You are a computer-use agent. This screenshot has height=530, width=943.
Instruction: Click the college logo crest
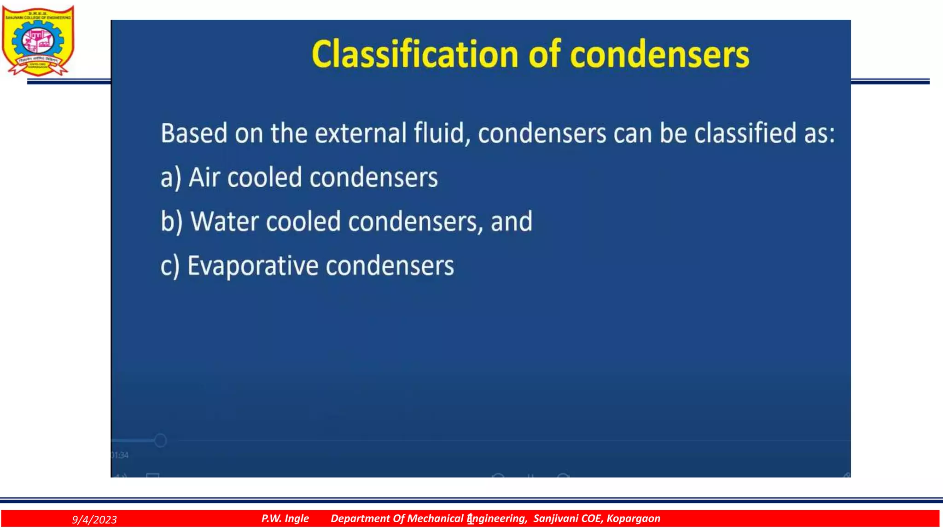point(38,40)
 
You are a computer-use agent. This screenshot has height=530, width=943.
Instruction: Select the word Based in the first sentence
point(194,133)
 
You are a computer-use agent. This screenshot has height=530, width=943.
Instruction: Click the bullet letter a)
point(171,178)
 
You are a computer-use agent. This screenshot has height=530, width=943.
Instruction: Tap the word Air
point(204,178)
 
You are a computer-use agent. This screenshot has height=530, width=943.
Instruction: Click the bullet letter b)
point(171,222)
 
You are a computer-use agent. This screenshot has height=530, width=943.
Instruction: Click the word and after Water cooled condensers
point(512,222)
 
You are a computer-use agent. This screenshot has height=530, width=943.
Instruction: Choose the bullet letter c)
point(170,266)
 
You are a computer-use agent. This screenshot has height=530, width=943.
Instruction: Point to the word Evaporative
point(253,266)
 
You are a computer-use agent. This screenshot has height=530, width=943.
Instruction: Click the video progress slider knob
point(160,440)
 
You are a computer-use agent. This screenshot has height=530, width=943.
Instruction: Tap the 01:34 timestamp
point(120,455)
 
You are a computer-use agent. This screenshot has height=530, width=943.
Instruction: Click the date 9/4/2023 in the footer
point(94,519)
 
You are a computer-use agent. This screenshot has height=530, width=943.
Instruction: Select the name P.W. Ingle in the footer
point(285,518)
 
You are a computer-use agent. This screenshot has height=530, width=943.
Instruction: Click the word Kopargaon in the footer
point(633,518)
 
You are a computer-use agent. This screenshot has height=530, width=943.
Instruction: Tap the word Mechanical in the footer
point(435,518)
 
